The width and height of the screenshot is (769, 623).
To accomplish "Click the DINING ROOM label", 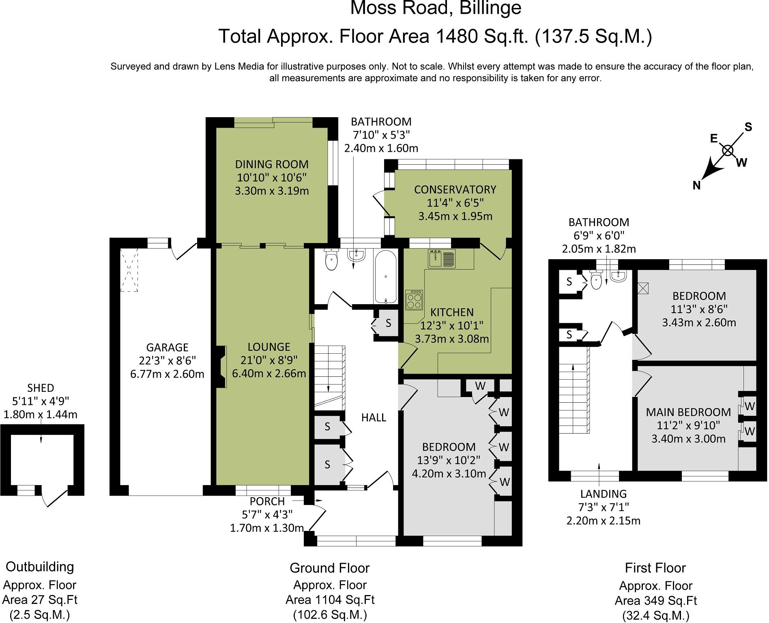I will (x=271, y=164).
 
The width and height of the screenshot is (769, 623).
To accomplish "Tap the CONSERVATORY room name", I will (x=455, y=189).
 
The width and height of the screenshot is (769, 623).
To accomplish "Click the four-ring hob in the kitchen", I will (x=415, y=300).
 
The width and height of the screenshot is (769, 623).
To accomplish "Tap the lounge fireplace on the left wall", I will (x=221, y=367).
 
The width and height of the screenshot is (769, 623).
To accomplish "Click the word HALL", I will (x=374, y=417).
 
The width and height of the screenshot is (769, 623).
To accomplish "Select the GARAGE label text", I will (x=167, y=347).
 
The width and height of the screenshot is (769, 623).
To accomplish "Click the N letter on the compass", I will (x=696, y=185).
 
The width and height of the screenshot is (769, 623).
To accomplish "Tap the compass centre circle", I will (x=728, y=150).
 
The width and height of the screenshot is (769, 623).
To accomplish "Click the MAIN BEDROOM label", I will (x=688, y=412).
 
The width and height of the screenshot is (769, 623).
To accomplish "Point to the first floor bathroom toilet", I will (x=596, y=281).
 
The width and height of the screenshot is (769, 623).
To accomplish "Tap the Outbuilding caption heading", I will (x=40, y=567).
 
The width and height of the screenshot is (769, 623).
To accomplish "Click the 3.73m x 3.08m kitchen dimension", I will (x=452, y=338).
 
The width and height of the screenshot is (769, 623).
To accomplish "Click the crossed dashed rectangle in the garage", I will (x=129, y=270).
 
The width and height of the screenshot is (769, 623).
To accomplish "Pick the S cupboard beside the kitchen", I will (x=388, y=323).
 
